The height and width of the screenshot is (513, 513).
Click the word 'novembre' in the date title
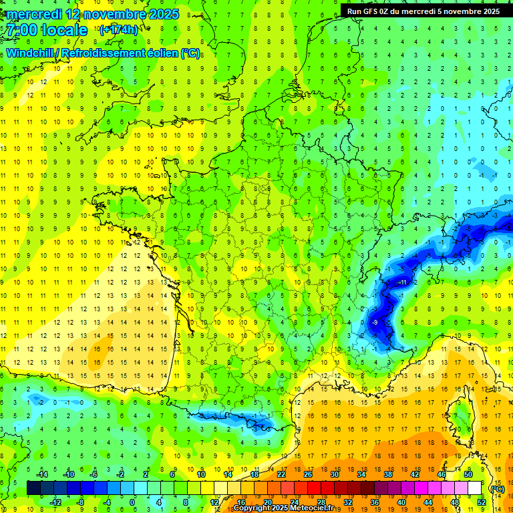coord(118,14)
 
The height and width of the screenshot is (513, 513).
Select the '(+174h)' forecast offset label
coord(118,30)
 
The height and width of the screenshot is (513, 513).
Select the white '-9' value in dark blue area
coord(375,323)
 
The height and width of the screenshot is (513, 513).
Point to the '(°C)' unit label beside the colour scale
coord(497,488)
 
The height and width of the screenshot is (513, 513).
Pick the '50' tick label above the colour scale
coord(468,474)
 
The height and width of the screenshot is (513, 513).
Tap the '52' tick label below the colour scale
coord(481,502)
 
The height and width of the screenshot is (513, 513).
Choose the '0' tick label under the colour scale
coord(133,502)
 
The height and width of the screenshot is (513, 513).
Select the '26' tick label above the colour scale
coord(307,474)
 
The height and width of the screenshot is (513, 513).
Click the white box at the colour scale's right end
coord(474,488)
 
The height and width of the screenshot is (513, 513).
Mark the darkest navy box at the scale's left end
coord(33,488)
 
